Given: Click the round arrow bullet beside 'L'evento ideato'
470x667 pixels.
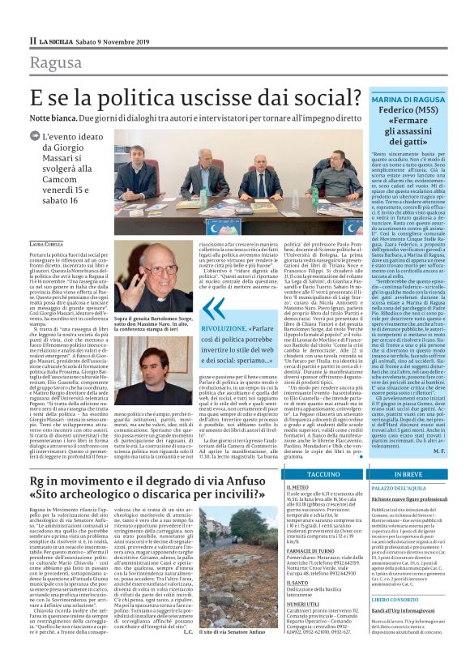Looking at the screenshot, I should [x=34, y=135].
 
